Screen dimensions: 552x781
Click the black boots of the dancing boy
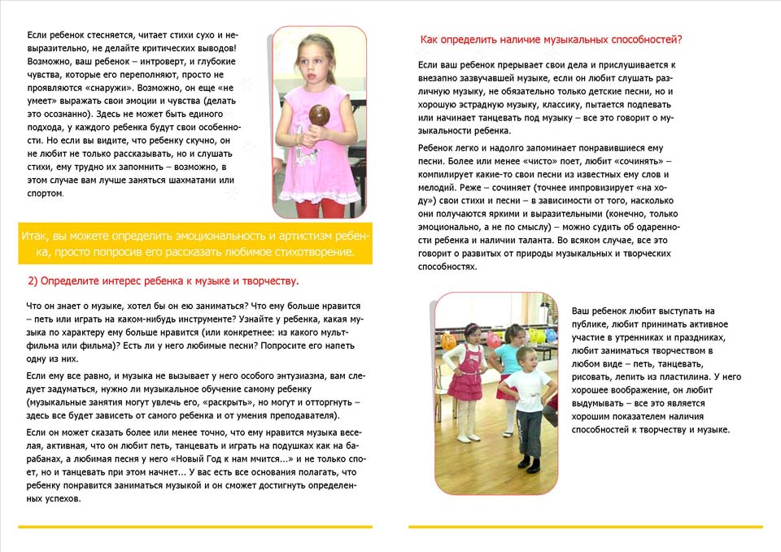[x=530, y=465]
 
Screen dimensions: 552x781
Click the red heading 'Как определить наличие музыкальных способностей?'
[x=551, y=39]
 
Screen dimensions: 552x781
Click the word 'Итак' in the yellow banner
[x=37, y=237]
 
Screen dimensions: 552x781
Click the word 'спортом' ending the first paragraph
[x=45, y=193]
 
